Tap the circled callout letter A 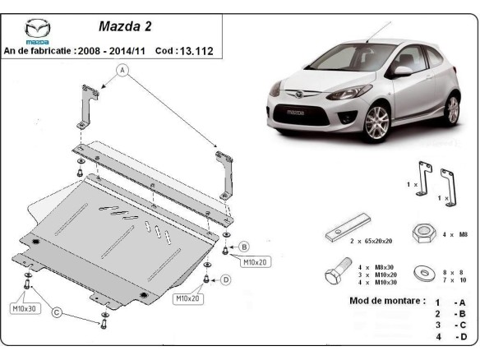pyautogui.click(x=123, y=71)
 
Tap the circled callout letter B pyautogui.click(x=244, y=246)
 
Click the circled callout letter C pyautogui.click(x=57, y=312)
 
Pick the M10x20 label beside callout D pyautogui.click(x=188, y=298)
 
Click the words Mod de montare pyautogui.click(x=388, y=302)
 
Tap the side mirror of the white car pyautogui.click(x=403, y=71)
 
